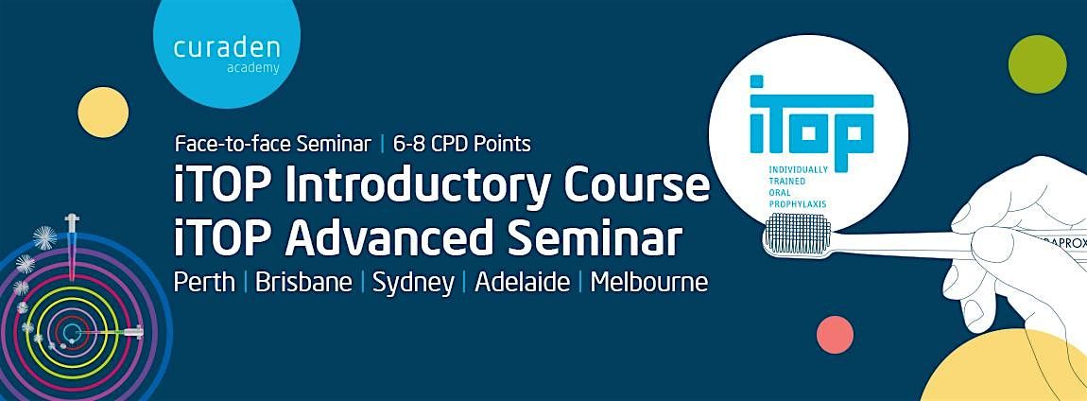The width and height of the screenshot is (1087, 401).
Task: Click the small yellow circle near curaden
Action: click(x=102, y=112)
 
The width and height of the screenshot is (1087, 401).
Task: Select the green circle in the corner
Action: click(x=1037, y=63)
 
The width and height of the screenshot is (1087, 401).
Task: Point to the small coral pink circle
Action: click(x=835, y=334)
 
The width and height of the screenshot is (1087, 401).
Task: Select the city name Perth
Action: click(x=204, y=282)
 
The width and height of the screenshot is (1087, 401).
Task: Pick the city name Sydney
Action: click(x=412, y=283)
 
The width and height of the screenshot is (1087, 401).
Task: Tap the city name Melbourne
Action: click(x=648, y=282)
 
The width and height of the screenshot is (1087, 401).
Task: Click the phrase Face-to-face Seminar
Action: click(x=272, y=144)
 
